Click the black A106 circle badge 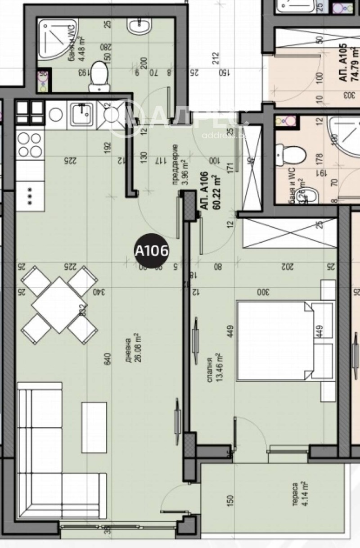point(152,250)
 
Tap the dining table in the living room point(59,305)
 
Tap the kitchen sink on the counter point(81,114)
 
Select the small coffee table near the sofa point(94,427)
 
